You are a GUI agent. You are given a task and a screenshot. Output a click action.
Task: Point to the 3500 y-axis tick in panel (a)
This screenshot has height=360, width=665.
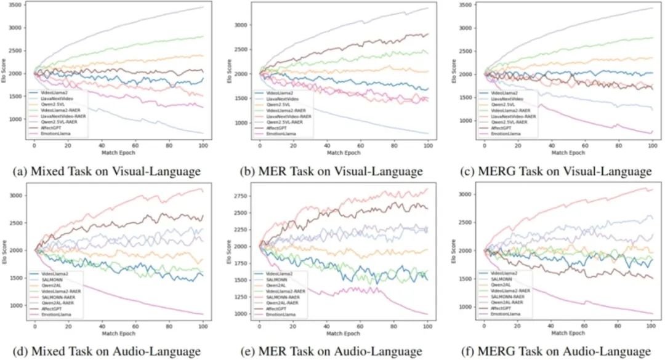click(x=17, y=5)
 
